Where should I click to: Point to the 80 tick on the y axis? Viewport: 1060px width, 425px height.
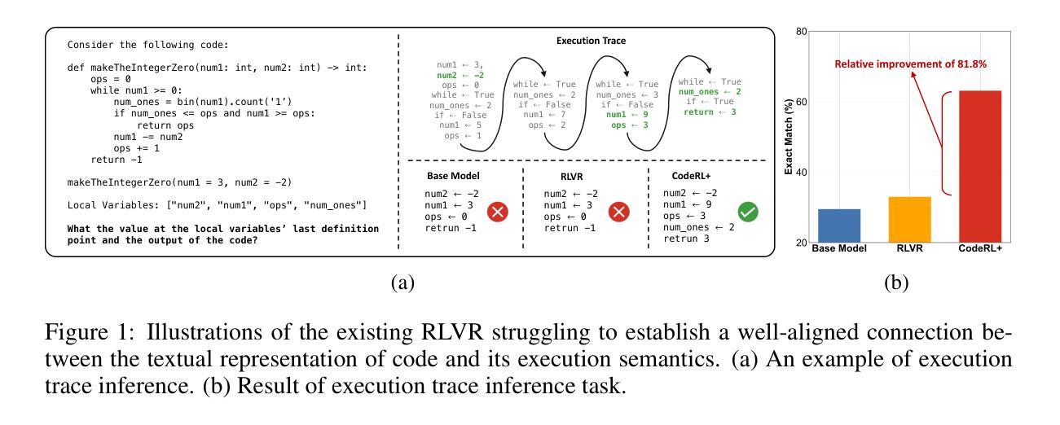800,32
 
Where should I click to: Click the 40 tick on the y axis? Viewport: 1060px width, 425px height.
800,173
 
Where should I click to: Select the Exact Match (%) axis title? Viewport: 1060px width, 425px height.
789,138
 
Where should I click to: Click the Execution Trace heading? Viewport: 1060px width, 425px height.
587,38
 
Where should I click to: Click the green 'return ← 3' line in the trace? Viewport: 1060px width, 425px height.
703,111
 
